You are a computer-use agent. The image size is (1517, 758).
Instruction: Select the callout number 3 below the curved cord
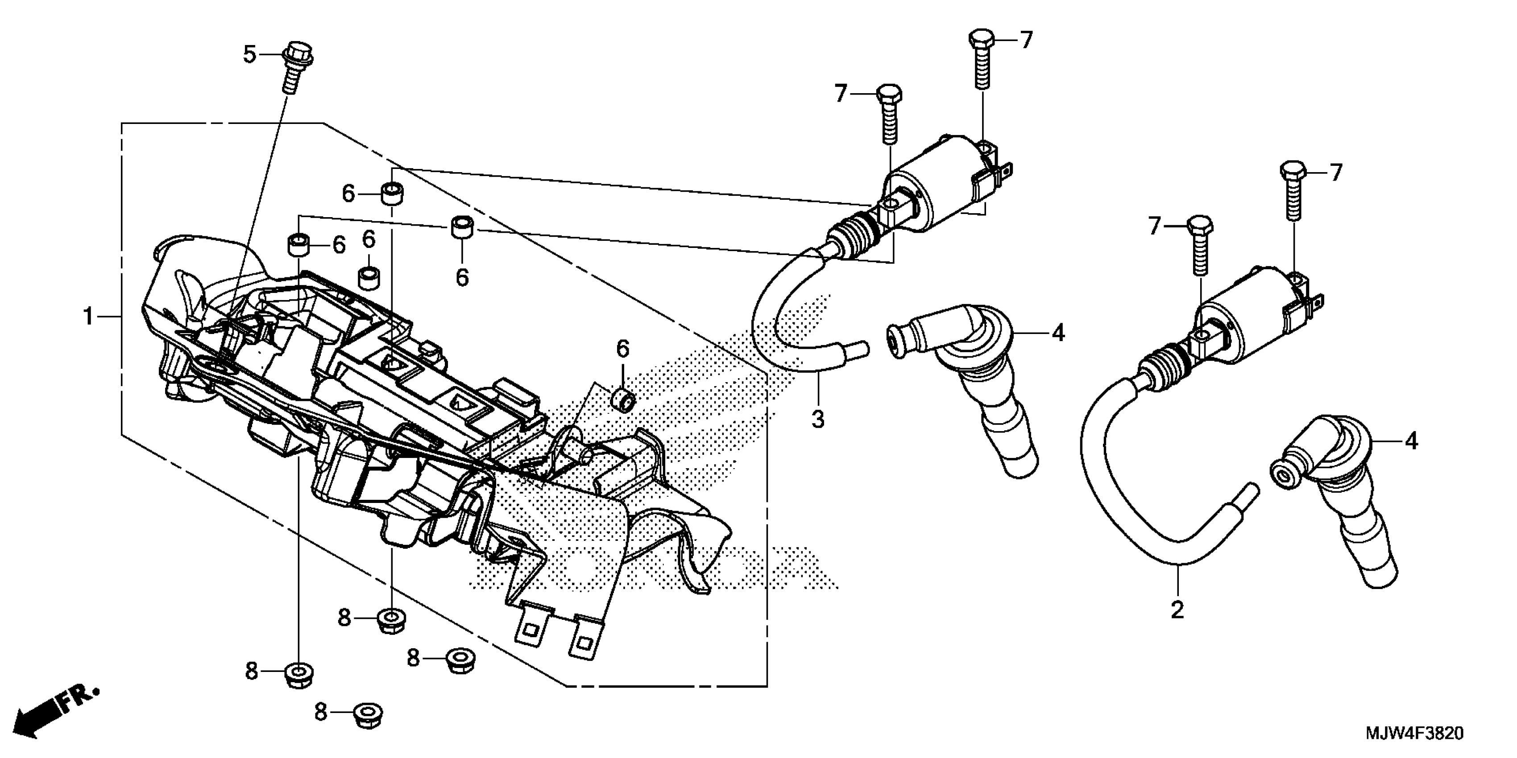point(817,420)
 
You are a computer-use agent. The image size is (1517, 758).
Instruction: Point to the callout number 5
point(250,55)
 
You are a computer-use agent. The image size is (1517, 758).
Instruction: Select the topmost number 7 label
point(1027,40)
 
